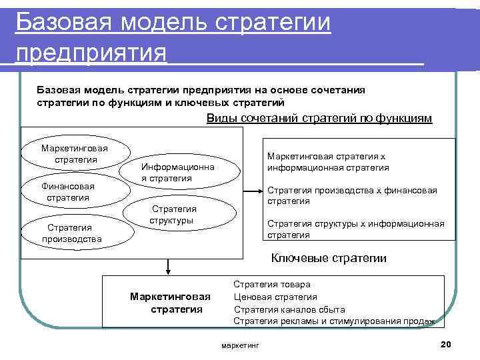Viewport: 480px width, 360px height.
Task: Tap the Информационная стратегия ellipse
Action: coord(177,172)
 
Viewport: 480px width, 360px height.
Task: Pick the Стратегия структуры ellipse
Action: coord(181,214)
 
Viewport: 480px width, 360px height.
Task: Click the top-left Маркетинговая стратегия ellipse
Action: coord(75,153)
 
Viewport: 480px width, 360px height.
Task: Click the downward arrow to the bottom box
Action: coord(169,266)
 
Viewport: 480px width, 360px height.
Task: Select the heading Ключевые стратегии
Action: coord(329,259)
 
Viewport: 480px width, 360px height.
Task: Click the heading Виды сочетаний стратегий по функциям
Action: coord(319,119)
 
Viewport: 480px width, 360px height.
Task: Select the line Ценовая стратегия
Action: coord(275,297)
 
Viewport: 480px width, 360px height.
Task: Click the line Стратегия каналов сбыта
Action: coord(289,309)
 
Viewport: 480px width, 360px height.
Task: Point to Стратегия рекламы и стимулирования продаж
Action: coord(333,321)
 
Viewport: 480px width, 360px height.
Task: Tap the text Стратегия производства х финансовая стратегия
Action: coord(352,195)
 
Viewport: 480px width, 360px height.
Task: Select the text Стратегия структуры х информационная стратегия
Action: coord(355,229)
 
